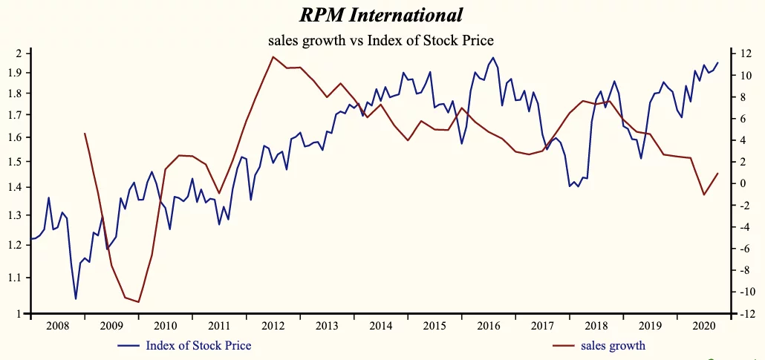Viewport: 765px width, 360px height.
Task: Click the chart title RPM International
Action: click(381, 14)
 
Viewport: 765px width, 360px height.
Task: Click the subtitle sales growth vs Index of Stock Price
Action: click(381, 40)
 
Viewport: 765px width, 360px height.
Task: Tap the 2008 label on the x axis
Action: click(57, 326)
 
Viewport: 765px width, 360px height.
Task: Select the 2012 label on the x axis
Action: click(273, 326)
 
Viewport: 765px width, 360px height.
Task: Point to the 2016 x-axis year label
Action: click(489, 326)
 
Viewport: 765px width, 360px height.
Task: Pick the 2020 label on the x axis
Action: click(705, 326)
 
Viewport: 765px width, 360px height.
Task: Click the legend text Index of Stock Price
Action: click(198, 345)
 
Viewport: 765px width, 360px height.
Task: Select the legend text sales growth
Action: click(613, 345)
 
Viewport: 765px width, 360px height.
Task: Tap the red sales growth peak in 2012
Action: click(273, 56)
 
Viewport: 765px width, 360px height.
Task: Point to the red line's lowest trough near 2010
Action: click(139, 302)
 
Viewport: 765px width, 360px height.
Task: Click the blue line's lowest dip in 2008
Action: click(76, 299)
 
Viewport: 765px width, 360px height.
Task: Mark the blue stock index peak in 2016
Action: click(494, 57)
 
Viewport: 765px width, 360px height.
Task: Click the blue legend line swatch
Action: click(128, 346)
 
